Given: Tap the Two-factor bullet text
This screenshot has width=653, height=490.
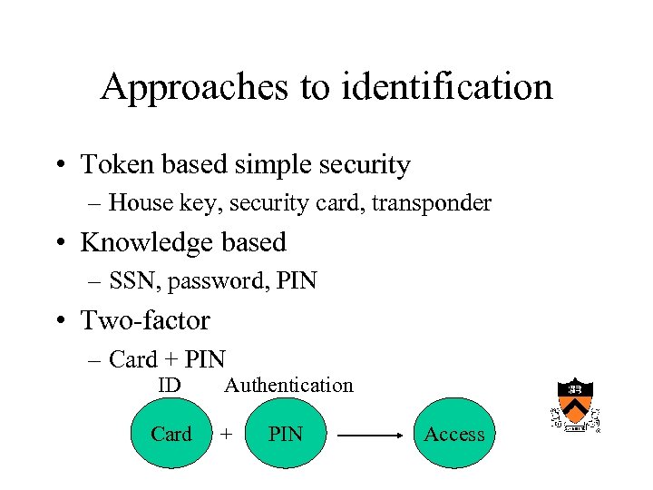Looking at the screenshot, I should (x=145, y=320).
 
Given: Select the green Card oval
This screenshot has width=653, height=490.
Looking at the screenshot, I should (x=171, y=434).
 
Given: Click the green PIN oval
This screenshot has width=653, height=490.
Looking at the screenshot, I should (x=286, y=434).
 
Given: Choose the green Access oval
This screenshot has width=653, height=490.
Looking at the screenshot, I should (x=454, y=434).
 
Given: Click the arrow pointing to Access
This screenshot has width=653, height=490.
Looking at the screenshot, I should (x=370, y=436).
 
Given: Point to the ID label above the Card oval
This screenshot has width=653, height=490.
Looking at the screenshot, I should (x=169, y=386).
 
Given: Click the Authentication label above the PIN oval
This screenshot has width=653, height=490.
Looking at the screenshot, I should (x=288, y=386).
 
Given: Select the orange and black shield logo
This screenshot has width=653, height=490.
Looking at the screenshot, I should (x=576, y=405).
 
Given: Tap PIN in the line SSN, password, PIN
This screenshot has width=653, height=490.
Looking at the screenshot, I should (x=297, y=281).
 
